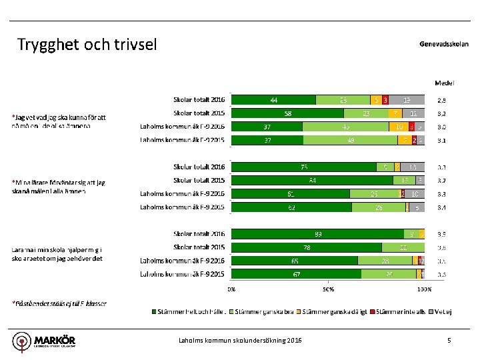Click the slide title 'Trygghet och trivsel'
pos(87,45)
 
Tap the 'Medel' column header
pos(445,83)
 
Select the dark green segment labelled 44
pos(273,100)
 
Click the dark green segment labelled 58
pos(287,113)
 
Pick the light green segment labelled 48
pos(351,140)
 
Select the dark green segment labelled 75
pos(303,167)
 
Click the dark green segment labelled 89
pos(317,234)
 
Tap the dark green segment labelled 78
pos(307,247)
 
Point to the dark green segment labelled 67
pos(296,274)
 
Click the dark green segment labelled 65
pos(294,261)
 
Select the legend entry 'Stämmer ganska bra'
pos(268,311)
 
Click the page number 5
pos(449,341)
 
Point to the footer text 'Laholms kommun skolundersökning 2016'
pos(240,341)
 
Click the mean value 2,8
pos(441,100)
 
